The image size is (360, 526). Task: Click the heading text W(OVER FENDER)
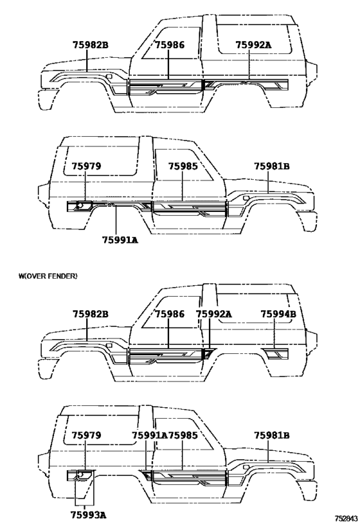coord(48,276)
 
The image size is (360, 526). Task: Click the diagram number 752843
coord(345,518)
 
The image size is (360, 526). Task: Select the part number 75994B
coord(278,314)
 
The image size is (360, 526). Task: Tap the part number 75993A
coord(89,515)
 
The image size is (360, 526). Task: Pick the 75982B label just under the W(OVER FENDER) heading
coord(91,314)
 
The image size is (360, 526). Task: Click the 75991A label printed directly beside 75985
coord(149,435)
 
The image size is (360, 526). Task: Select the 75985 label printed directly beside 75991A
coord(183,435)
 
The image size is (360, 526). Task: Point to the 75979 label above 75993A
coord(86,435)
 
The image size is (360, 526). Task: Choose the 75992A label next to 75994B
coord(213,314)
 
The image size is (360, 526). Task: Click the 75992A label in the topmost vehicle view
coord(253,44)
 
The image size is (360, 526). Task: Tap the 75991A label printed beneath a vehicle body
coord(120,240)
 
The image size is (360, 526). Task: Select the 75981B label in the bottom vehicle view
coord(272,435)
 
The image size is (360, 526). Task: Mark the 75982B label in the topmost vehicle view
coord(91,44)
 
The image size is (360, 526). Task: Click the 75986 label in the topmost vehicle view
coord(170,44)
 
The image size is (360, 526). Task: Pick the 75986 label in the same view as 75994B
coord(170,314)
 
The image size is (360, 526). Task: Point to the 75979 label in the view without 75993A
coord(86,166)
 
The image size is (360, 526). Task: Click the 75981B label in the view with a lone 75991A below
coord(272,166)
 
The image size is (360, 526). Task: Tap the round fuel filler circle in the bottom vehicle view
coord(80,474)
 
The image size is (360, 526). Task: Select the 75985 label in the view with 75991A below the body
coord(183,166)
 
